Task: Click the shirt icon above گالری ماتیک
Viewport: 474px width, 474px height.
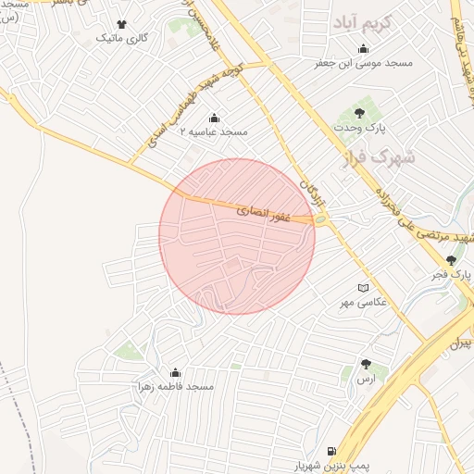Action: coord(122,24)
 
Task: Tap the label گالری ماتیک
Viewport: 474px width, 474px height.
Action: coord(123,39)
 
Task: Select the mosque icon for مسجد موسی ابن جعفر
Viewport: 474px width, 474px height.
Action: coord(363,49)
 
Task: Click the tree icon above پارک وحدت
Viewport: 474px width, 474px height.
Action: coord(373,113)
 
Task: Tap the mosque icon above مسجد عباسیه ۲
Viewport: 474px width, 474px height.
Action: coord(215,118)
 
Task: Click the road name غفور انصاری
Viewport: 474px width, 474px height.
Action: coord(264,212)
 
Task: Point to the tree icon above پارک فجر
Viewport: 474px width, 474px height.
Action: coord(451,261)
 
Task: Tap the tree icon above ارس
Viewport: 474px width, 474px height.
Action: coord(366,364)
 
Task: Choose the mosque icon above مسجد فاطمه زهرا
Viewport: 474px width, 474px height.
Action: coord(176,371)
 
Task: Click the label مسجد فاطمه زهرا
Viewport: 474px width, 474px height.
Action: coord(176,385)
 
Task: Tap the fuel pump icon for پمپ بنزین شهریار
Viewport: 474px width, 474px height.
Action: coord(331,452)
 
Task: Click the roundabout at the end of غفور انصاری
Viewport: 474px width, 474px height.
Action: coord(320,219)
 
